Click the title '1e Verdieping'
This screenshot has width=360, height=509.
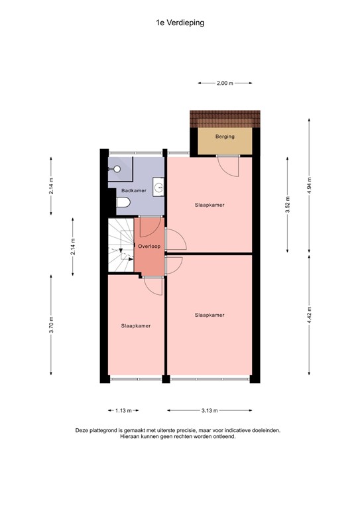click(x=180, y=23)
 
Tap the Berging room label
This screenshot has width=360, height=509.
click(x=225, y=137)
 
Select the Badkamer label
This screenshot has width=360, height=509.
click(x=134, y=191)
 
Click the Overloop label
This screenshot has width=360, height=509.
click(x=149, y=247)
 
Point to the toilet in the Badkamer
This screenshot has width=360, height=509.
click(x=123, y=203)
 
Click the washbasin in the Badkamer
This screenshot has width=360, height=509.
click(x=158, y=187)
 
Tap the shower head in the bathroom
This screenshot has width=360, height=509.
click(x=116, y=169)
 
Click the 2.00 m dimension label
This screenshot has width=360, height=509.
click(x=225, y=83)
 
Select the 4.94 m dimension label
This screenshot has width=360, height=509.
click(x=309, y=185)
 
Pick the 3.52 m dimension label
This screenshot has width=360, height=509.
click(x=287, y=205)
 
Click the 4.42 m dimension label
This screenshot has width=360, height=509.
click(x=309, y=315)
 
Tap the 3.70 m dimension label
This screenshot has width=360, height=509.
click(x=51, y=325)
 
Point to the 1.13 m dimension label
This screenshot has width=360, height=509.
click(x=123, y=411)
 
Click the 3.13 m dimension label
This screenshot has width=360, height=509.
click(x=210, y=411)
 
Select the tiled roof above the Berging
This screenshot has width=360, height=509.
click(x=225, y=119)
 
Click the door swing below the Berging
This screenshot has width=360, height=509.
click(x=228, y=166)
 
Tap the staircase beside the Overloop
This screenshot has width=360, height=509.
click(x=121, y=245)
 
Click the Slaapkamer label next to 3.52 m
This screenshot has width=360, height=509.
click(x=210, y=205)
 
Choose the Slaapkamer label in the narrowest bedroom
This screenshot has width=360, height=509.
click(x=136, y=326)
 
